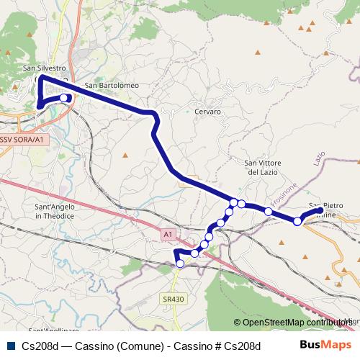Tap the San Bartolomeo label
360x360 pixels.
click(112, 86)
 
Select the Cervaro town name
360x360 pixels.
click(207, 112)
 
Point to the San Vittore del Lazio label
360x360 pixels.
click(262, 168)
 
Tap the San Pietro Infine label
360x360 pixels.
click(328, 210)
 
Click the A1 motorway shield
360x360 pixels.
click(168, 234)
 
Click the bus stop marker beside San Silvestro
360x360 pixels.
click(64, 98)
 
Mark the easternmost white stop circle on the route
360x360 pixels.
click(297, 221)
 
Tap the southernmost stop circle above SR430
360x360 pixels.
click(180, 264)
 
